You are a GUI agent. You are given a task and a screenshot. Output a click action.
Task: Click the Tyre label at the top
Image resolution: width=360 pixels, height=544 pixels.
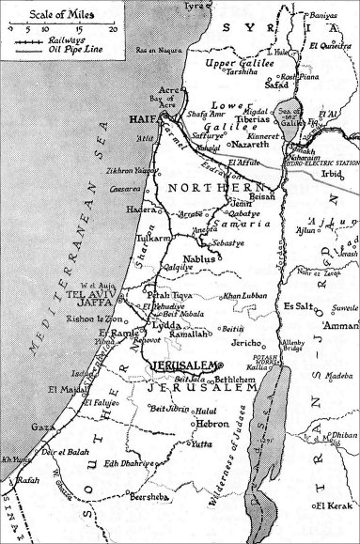pos(195,7)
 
